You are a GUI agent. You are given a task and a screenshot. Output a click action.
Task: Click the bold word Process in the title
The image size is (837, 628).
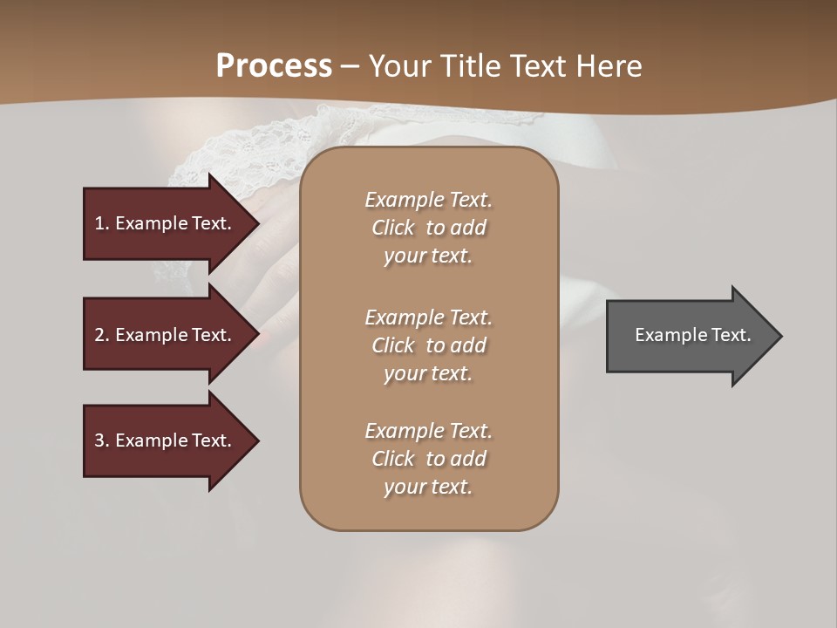click(274, 66)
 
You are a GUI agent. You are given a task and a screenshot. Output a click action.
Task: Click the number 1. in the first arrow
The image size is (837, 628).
click(102, 223)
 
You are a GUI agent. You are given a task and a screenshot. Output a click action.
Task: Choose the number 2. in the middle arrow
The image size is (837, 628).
click(102, 335)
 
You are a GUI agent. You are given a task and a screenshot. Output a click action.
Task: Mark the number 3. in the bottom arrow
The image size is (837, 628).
click(102, 440)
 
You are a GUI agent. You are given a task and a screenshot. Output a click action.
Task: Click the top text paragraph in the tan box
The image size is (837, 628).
click(428, 228)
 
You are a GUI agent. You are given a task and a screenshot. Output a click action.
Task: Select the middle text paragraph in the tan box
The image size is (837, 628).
click(428, 345)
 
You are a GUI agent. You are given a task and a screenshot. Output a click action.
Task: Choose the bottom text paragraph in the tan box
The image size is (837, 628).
click(428, 459)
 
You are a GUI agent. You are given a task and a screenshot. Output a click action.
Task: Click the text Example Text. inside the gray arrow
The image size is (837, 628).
click(692, 335)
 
